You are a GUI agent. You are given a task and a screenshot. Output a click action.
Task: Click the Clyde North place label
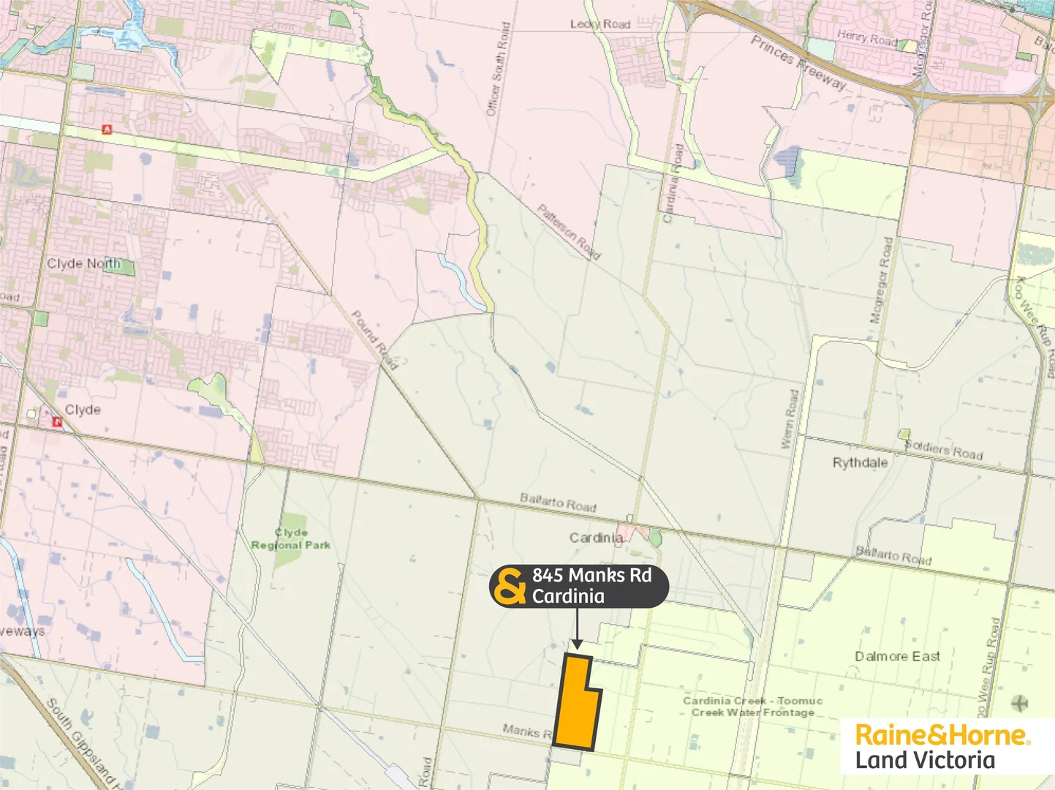[x=83, y=263]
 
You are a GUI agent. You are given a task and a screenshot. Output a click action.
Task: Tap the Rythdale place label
[x=860, y=463]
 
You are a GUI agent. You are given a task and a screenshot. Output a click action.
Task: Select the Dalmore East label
[x=897, y=657]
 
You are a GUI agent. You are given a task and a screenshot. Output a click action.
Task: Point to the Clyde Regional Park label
[x=291, y=539]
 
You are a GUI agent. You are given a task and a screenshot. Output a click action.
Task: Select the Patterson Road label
[x=569, y=232]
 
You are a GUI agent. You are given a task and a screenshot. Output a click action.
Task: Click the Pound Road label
[x=374, y=339]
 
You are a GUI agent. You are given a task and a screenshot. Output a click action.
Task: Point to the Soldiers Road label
[x=944, y=449]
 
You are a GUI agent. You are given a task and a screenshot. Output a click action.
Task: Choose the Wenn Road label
[x=790, y=419]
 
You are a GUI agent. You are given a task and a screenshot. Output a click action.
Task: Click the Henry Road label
[x=866, y=37]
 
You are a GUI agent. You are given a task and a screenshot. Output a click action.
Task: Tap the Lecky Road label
[x=600, y=24]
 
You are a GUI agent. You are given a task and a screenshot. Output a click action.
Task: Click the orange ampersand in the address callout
[x=510, y=586]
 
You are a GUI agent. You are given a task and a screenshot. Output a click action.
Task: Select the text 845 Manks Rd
[x=591, y=576]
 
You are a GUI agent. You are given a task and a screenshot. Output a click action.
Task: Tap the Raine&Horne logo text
[x=942, y=734]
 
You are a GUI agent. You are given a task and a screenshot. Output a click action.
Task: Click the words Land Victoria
[x=925, y=760]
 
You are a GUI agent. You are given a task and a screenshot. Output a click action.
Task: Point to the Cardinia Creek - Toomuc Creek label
[x=752, y=707]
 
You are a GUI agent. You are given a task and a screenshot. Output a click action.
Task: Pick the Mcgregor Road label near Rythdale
[x=881, y=280]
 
